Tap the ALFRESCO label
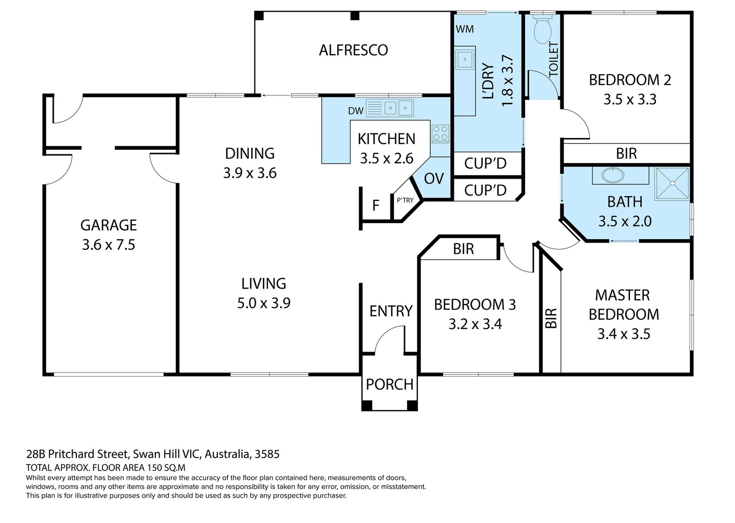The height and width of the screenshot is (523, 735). tap(353, 50)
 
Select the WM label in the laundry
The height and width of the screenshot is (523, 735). tap(465, 29)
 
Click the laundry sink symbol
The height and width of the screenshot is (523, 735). tap(465, 60)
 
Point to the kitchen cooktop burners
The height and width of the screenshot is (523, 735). tap(440, 134)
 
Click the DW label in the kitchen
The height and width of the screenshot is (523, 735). tap(356, 111)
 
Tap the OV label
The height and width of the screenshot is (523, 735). tap(434, 179)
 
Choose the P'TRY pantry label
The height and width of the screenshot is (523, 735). tap(405, 200)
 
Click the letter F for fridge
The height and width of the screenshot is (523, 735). tap(375, 205)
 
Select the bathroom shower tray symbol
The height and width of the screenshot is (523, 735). tap(672, 184)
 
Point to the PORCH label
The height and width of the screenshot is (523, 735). tap(390, 385)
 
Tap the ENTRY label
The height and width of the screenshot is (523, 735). tap(391, 311)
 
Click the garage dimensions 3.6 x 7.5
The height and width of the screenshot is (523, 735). tap(108, 245)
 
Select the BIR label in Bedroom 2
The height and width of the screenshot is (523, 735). tap(627, 154)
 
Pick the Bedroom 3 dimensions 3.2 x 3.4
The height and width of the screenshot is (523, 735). tap(475, 324)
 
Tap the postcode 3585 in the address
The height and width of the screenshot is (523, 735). tap(267, 454)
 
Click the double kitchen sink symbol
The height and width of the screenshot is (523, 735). tap(390, 108)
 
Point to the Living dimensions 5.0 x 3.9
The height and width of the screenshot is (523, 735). tap(264, 303)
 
